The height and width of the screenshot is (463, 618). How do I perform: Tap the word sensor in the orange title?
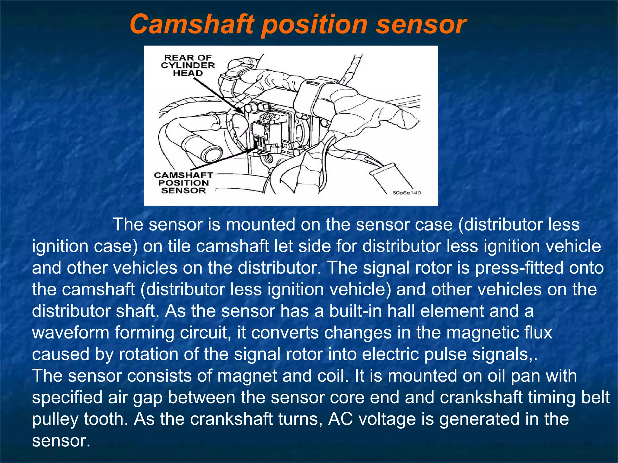(421, 24)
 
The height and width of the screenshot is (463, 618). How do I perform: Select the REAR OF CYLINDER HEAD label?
(188, 65)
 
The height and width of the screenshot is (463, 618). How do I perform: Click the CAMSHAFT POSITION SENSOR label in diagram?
(183, 183)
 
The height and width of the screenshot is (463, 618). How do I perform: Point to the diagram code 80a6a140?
(406, 193)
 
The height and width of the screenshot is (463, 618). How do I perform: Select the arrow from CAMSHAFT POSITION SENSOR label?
(223, 159)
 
